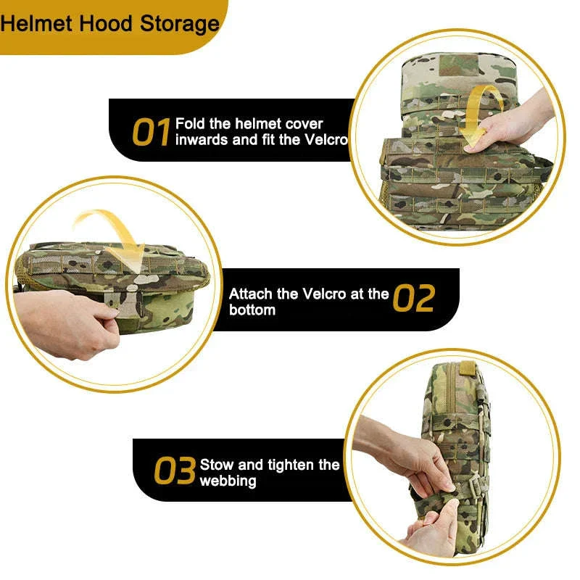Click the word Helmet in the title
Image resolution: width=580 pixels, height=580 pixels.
[36, 24]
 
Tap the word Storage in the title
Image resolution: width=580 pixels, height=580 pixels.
[180, 25]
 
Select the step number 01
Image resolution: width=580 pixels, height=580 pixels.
[151, 132]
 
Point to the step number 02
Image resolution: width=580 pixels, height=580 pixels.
[413, 298]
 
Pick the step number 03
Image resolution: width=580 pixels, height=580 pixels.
[175, 470]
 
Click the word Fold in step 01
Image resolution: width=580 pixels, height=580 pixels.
[190, 123]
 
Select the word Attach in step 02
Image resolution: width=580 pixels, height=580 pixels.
[250, 294]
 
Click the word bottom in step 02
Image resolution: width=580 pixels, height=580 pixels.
[252, 310]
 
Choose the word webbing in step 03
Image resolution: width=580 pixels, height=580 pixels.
[228, 481]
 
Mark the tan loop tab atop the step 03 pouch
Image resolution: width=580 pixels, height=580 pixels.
[468, 368]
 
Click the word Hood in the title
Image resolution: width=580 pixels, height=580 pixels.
[106, 24]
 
